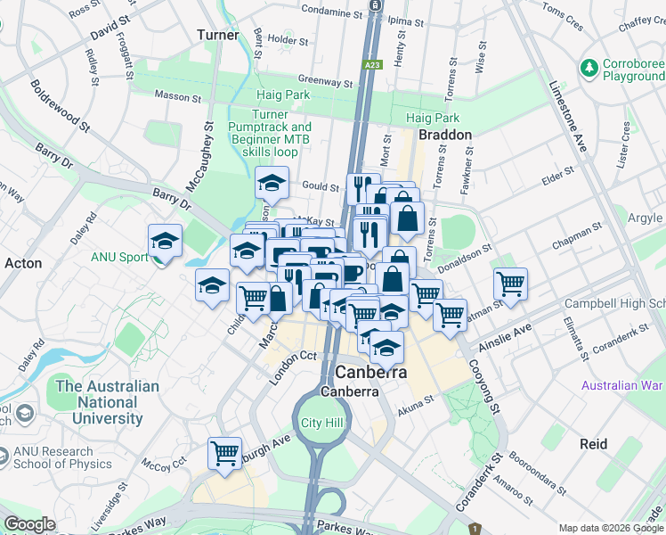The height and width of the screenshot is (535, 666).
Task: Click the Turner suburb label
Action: (x=218, y=35)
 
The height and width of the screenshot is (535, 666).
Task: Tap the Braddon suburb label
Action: (x=445, y=134)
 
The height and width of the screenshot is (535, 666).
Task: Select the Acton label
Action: (x=23, y=263)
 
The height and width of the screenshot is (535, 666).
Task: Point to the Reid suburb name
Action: (x=593, y=444)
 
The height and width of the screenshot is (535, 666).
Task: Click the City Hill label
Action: (x=321, y=422)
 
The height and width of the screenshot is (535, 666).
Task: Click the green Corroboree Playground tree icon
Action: (x=589, y=67)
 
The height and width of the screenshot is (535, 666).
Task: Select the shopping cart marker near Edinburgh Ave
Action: (x=225, y=452)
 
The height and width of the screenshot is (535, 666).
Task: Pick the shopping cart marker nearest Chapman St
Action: (x=510, y=284)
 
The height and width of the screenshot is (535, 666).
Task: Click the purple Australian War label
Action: (x=622, y=385)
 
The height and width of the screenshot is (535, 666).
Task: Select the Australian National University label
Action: (x=107, y=401)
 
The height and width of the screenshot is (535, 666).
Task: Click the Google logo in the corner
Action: (x=30, y=524)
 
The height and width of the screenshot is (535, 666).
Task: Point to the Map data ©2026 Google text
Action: (x=611, y=528)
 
